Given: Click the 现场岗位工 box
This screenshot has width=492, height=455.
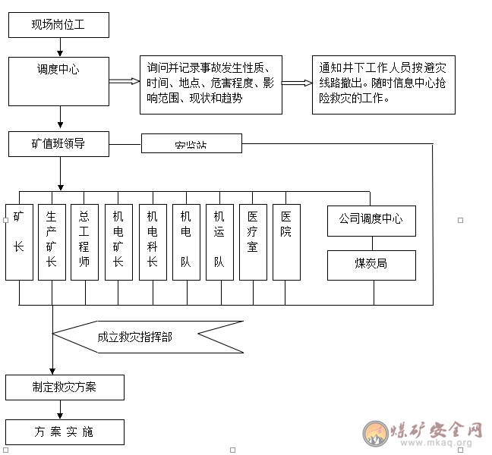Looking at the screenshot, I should [x=58, y=25].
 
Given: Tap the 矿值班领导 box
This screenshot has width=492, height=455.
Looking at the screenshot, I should [x=58, y=143].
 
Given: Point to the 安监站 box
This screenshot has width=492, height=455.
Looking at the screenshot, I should [x=191, y=143].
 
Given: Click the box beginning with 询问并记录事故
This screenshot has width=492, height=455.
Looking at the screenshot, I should [x=210, y=85].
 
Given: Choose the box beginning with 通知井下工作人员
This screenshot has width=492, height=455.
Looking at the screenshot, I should [x=383, y=85].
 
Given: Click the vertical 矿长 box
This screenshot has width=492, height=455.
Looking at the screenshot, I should [x=19, y=242].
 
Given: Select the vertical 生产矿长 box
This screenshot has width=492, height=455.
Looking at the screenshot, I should [x=52, y=242].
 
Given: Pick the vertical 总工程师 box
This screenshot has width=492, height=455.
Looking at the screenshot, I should [x=85, y=242].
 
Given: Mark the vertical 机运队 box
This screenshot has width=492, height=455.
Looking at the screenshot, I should [x=219, y=242].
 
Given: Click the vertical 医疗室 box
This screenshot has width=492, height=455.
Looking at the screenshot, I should [x=253, y=242].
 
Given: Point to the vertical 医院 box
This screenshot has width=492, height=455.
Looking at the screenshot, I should [x=286, y=242].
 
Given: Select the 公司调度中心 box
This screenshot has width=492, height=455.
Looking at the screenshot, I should [x=371, y=220].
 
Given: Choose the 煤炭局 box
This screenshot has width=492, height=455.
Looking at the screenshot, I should [x=371, y=265].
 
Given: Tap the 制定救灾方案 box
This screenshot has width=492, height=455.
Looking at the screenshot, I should [x=65, y=387].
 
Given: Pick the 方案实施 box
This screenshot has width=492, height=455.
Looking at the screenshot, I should [x=65, y=431].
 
